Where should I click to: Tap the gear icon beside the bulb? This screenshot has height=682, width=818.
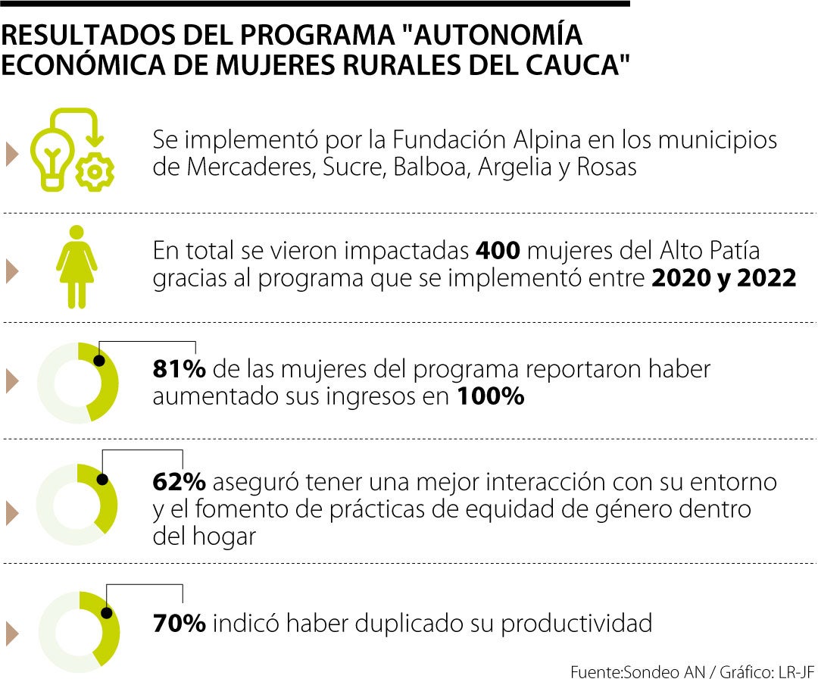click(x=95, y=171)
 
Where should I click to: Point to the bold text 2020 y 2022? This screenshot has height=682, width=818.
click(x=723, y=278)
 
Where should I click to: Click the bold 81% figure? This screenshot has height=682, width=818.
click(x=180, y=369)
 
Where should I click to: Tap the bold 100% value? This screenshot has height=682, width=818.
click(x=490, y=396)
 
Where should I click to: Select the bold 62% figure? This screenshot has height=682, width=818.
click(x=180, y=481)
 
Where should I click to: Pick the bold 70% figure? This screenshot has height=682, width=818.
click(x=180, y=624)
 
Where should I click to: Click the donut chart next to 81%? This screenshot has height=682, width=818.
click(x=78, y=383)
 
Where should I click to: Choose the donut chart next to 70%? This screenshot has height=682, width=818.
click(x=79, y=631)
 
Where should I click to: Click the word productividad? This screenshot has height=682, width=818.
click(x=576, y=624)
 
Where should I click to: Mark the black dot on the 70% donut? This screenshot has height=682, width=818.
click(x=107, y=612)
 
